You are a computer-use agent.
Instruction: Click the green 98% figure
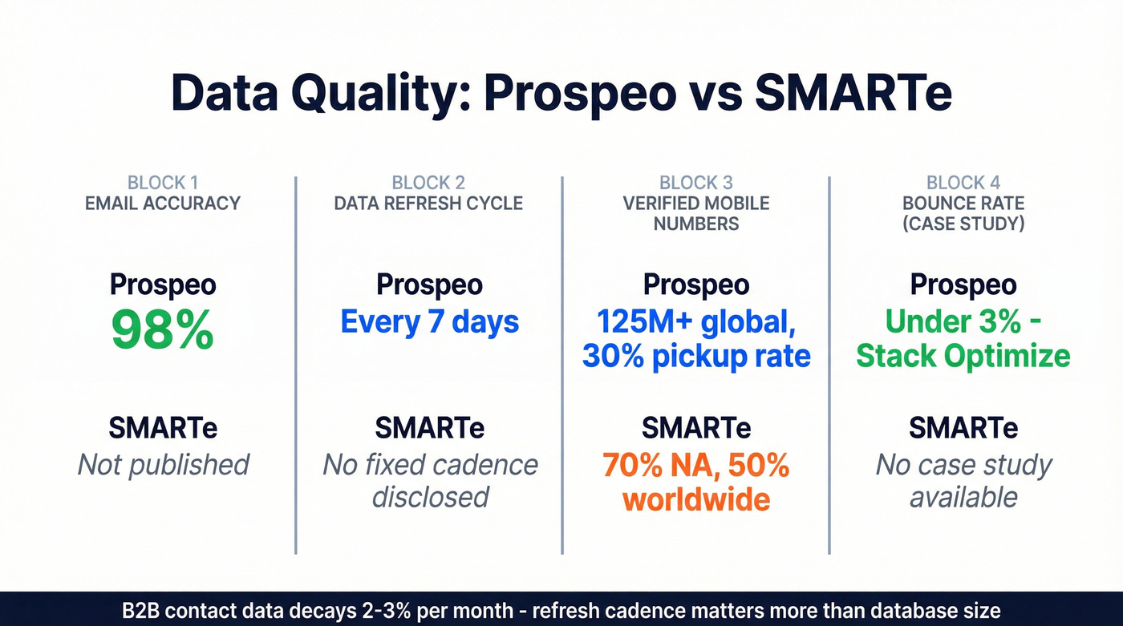pyautogui.click(x=163, y=330)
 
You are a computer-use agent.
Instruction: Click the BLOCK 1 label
pyautogui.click(x=163, y=183)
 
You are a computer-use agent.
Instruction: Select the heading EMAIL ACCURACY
pyautogui.click(x=163, y=203)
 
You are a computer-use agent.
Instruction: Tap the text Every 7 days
pyautogui.click(x=430, y=322)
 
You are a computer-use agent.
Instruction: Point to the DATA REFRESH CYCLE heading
pyautogui.click(x=428, y=203)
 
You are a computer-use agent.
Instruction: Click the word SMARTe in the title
pyautogui.click(x=853, y=94)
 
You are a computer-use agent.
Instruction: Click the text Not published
pyautogui.click(x=163, y=464)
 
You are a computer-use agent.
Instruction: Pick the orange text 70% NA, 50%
pyautogui.click(x=696, y=465)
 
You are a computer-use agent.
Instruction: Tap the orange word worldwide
pyautogui.click(x=696, y=499)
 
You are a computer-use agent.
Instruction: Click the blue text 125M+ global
pyautogui.click(x=696, y=322)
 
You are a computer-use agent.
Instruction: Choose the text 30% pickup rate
pyautogui.click(x=696, y=356)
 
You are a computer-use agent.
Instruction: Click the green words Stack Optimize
pyautogui.click(x=963, y=356)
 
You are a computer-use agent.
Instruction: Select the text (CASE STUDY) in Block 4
pyautogui.click(x=963, y=224)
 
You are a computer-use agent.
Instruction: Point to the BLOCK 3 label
pyautogui.click(x=696, y=183)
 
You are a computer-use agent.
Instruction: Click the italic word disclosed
pyautogui.click(x=430, y=497)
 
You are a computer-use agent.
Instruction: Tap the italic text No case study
pyautogui.click(x=963, y=464)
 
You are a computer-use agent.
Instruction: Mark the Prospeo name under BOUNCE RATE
pyautogui.click(x=963, y=285)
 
